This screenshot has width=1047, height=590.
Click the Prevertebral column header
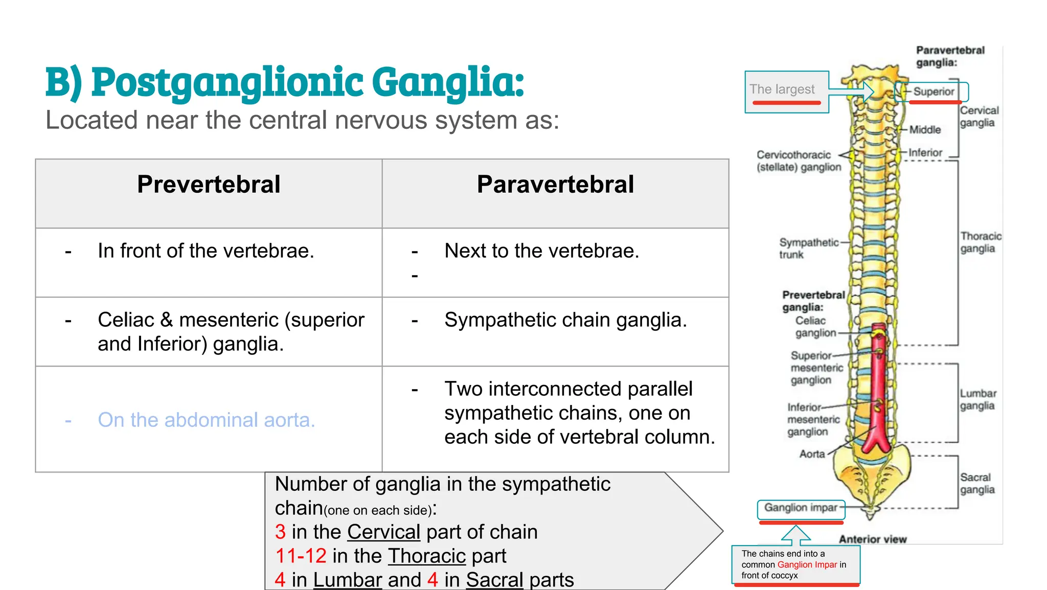click(209, 185)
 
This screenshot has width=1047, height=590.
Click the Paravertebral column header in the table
click(555, 185)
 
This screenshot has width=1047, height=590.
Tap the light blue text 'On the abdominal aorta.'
click(207, 420)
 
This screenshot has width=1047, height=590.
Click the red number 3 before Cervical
click(280, 532)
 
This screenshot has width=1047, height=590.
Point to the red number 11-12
click(301, 556)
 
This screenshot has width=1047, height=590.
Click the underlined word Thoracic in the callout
click(427, 556)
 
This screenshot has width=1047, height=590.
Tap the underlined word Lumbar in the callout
click(348, 580)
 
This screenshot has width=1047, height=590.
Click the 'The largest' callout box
click(786, 92)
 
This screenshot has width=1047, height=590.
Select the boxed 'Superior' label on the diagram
click(934, 92)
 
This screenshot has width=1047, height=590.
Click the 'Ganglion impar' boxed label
click(801, 508)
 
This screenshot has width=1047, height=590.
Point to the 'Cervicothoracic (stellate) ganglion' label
click(799, 161)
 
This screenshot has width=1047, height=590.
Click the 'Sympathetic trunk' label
click(809, 248)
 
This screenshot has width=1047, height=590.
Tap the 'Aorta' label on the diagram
click(812, 454)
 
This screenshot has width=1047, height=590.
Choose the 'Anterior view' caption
click(873, 539)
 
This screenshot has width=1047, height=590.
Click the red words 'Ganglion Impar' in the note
click(807, 564)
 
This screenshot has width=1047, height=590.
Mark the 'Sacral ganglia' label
click(977, 484)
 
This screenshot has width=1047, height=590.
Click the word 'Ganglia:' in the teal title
click(448, 82)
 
